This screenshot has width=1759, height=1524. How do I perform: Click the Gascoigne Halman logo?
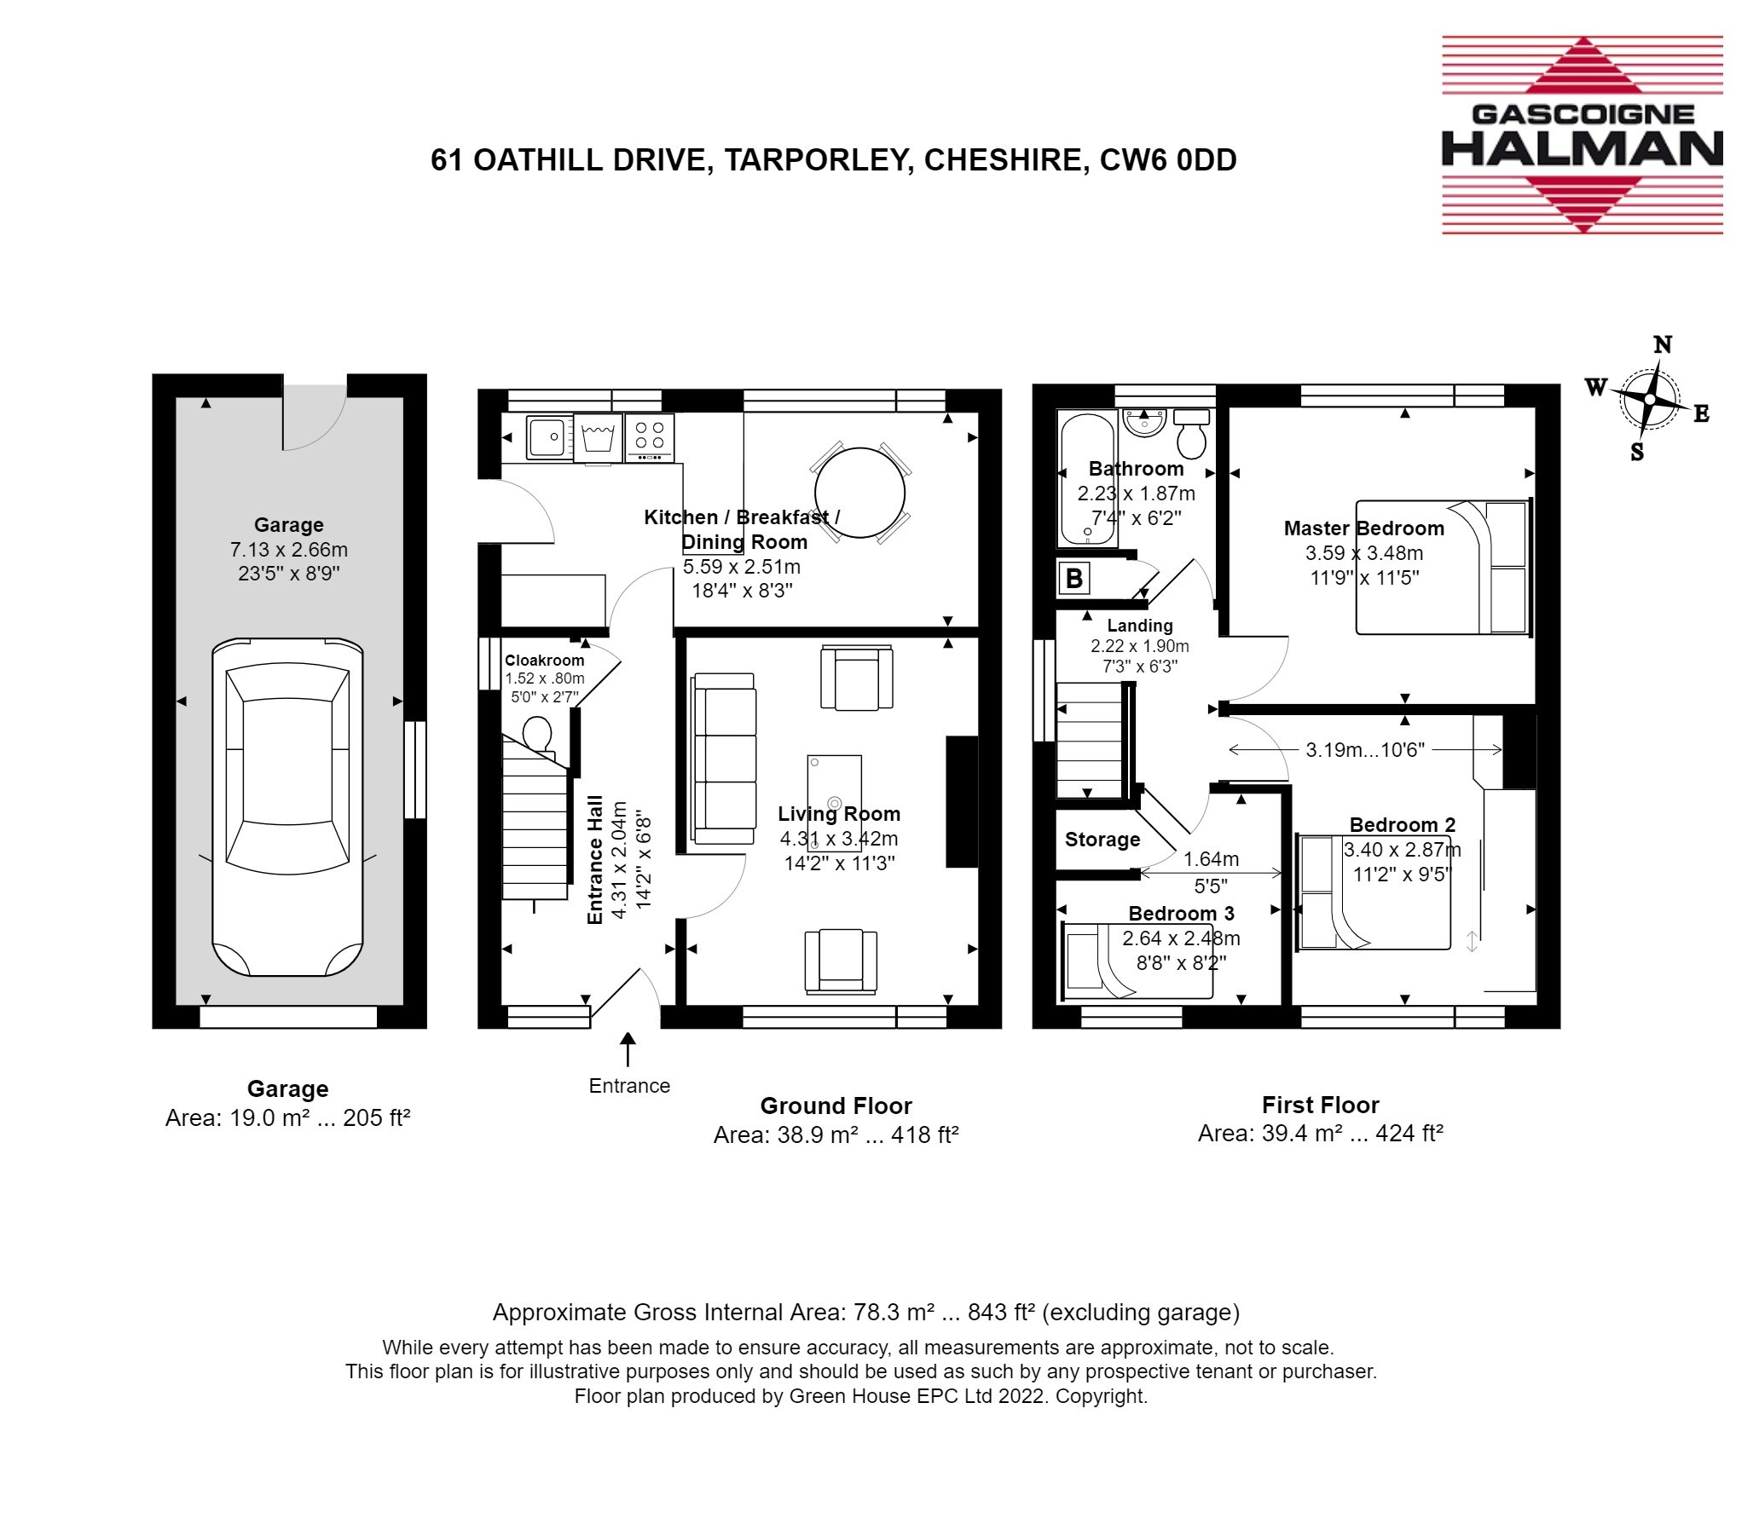click(1582, 135)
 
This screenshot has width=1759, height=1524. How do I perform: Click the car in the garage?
click(287, 806)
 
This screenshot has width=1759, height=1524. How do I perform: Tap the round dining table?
click(859, 493)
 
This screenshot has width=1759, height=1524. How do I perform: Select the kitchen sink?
click(549, 436)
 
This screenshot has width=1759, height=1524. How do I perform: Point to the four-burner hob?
click(650, 436)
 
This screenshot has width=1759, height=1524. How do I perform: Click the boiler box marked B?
click(1073, 579)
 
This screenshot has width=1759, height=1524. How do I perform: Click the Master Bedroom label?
click(1363, 528)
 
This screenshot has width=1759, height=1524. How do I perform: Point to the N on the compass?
click(1662, 345)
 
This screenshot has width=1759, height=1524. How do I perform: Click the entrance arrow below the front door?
click(628, 1049)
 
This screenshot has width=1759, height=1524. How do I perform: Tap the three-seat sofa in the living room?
click(724, 758)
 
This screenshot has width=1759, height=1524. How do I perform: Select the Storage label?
click(1102, 840)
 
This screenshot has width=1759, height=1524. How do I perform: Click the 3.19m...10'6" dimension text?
click(1365, 750)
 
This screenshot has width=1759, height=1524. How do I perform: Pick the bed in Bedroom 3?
click(1137, 961)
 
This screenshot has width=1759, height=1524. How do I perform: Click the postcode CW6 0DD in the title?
click(1168, 160)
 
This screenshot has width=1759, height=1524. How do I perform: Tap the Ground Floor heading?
click(836, 1106)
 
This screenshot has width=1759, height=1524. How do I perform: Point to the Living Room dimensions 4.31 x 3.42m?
click(839, 839)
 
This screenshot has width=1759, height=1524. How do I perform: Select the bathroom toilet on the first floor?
click(1191, 432)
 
